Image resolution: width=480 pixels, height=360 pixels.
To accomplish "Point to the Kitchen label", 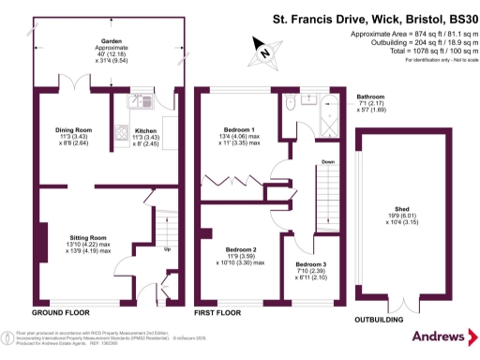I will pos(146,130).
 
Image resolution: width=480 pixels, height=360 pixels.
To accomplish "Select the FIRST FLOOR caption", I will pos(221,311).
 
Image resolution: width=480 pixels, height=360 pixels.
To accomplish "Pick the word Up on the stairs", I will pos(167,250).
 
